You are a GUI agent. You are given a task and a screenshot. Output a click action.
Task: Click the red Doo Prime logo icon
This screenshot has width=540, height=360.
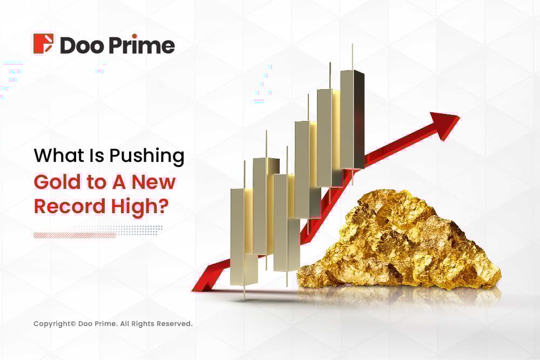coord(43,44)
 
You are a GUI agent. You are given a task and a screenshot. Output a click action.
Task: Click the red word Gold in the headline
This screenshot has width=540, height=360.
coord(55,182)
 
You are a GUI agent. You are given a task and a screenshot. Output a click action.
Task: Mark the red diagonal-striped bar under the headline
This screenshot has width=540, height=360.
coord(75,235)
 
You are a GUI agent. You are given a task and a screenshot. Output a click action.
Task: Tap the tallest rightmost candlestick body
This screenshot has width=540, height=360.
coord(352,119)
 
